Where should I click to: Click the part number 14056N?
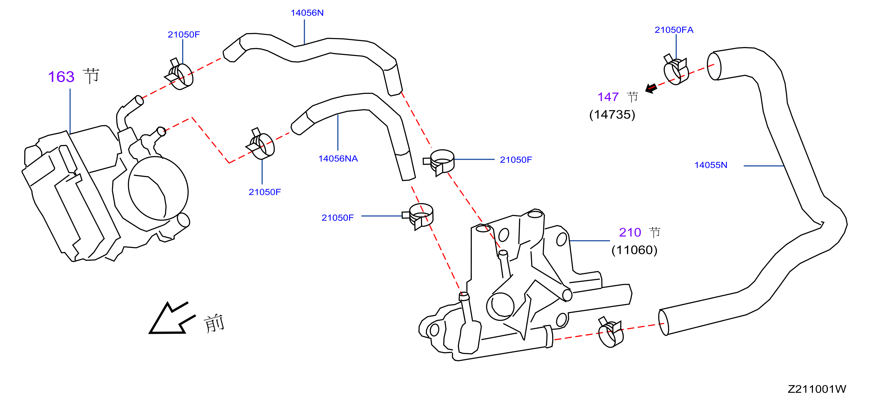tap(307, 13)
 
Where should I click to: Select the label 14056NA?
tap(338, 159)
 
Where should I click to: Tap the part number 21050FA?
tap(674, 30)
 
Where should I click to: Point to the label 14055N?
tap(711, 165)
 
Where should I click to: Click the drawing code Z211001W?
tap(817, 389)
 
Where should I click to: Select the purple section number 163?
tap(61, 77)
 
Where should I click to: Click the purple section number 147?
tap(608, 97)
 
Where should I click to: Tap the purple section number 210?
tap(630, 232)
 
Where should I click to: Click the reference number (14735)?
tap(612, 115)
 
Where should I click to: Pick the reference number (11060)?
tap(634, 250)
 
